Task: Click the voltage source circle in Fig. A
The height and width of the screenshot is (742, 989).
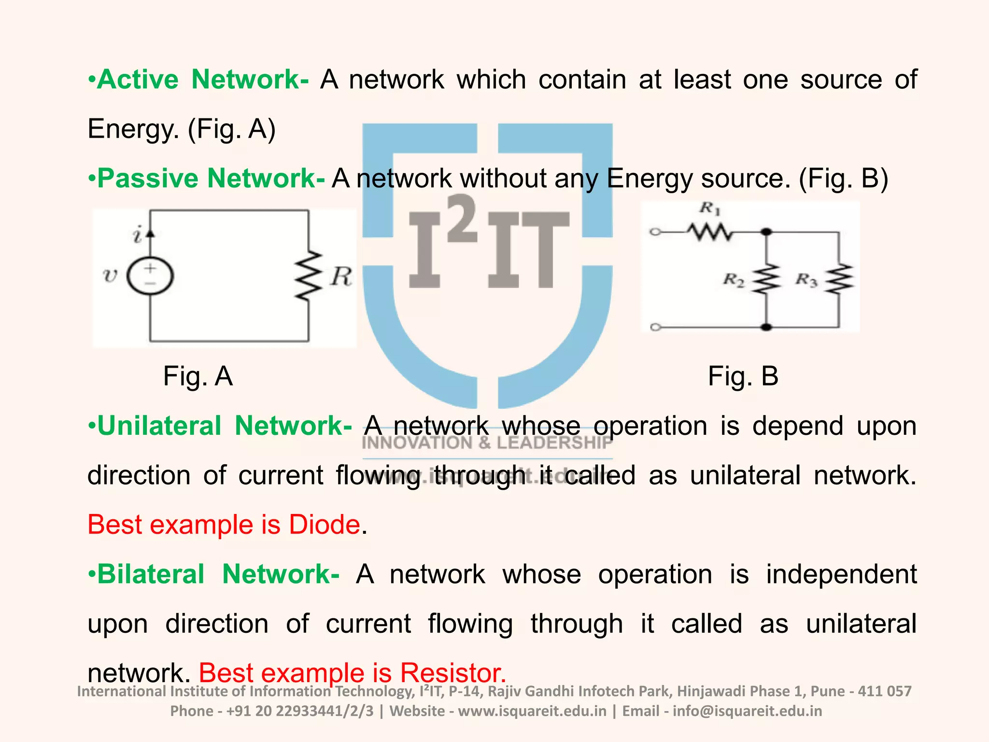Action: pyautogui.click(x=150, y=276)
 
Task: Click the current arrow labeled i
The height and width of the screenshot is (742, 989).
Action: pyautogui.click(x=150, y=233)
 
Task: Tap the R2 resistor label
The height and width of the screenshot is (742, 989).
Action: pyautogui.click(x=733, y=279)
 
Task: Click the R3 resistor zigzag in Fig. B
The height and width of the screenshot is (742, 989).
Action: pyautogui.click(x=839, y=279)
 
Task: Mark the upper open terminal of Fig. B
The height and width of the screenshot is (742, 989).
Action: pyautogui.click(x=655, y=232)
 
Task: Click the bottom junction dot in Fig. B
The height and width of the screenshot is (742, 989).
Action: pyautogui.click(x=766, y=327)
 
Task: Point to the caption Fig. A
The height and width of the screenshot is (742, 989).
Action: pyautogui.click(x=198, y=376)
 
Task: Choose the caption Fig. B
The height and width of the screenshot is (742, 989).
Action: pyautogui.click(x=743, y=376)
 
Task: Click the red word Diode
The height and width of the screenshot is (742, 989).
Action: pyautogui.click(x=324, y=525)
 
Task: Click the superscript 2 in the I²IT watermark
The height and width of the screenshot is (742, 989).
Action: pyautogui.click(x=462, y=218)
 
